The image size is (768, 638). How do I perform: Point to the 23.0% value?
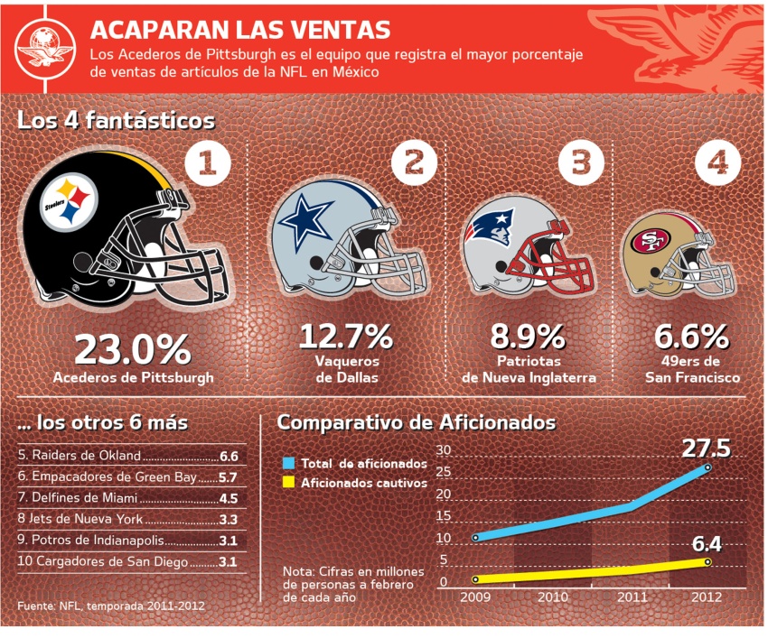click(133, 350)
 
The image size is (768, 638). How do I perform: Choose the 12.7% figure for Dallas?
click(346, 337)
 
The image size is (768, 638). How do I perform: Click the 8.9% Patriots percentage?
click(529, 337)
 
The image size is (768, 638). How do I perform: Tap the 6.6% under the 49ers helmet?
click(692, 337)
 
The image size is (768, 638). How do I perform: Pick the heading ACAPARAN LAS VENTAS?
click(240, 30)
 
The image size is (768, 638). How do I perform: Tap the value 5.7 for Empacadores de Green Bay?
click(228, 476)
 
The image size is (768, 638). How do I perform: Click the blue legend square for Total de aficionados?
click(288, 462)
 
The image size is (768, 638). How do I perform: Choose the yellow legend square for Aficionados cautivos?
click(288, 482)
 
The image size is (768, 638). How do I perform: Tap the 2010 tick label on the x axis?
click(553, 596)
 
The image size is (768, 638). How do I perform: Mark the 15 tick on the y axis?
click(442, 517)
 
